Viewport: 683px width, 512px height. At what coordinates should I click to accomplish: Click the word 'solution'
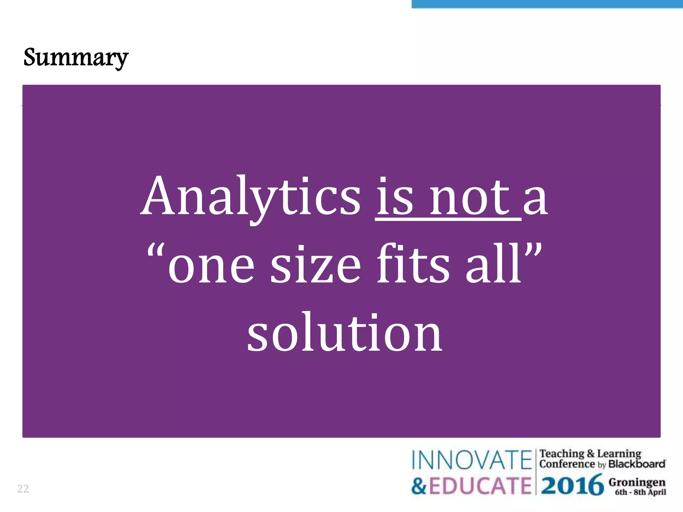[344, 333]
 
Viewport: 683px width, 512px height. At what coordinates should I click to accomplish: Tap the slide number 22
[23, 489]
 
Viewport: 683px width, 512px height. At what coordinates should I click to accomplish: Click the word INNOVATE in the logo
[471, 460]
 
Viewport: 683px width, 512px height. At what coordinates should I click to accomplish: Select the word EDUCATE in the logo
[480, 486]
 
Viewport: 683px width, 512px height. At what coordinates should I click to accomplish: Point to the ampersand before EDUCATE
[419, 486]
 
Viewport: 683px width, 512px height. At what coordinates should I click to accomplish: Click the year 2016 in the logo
[572, 485]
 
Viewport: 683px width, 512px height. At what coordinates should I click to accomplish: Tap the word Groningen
[637, 482]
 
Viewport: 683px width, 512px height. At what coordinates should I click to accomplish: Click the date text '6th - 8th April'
[640, 492]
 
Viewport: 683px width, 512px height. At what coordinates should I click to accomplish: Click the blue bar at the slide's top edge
[547, 4]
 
